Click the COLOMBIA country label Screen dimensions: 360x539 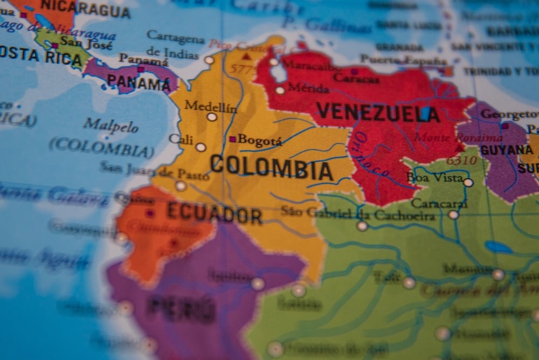point(271,167)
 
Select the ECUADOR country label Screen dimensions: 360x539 point(214,213)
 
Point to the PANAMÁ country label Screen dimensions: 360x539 point(139,83)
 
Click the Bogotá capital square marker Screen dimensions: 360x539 point(233,139)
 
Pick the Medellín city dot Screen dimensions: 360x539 point(212,117)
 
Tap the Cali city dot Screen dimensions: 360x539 point(201,147)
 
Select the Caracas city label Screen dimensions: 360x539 point(356,78)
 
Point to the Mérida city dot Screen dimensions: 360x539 point(280,91)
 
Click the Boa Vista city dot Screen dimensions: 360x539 point(468,183)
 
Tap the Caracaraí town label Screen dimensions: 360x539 point(439,204)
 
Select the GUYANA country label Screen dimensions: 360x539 point(506,150)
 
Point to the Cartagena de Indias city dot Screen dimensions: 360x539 point(209,60)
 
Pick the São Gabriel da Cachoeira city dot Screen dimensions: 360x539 point(362,226)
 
